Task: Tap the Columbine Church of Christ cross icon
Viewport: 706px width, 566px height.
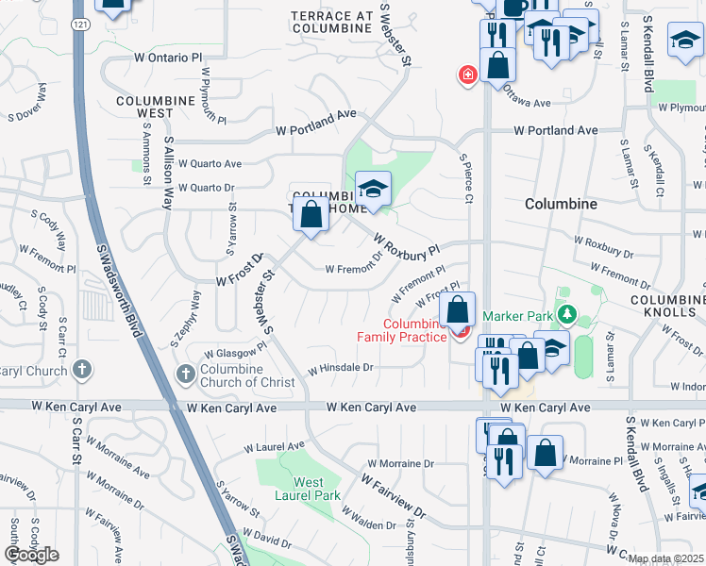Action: click(185, 375)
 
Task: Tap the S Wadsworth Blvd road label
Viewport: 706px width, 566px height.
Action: click(126, 291)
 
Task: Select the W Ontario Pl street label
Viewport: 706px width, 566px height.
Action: click(169, 58)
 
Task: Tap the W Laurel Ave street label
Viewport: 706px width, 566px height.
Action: click(274, 445)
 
